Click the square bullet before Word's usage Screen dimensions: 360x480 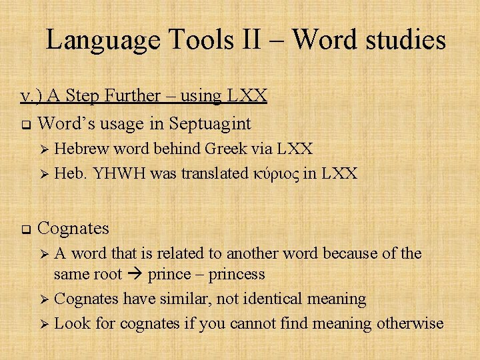24,124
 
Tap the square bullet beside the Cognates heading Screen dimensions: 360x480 24,229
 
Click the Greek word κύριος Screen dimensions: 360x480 275,174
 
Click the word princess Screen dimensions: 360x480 236,274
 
